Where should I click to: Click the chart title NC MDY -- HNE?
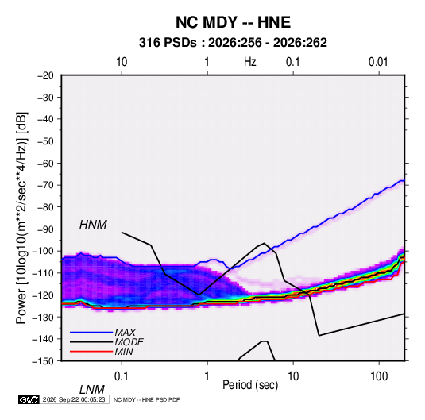(233, 22)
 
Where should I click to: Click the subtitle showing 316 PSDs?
(233, 43)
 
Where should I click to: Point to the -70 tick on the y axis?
(46, 185)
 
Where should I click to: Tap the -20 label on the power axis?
(46, 75)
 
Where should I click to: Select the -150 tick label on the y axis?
(44, 361)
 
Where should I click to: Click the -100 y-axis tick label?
(44, 251)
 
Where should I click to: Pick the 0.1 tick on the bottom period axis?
(122, 376)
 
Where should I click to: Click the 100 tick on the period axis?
(379, 376)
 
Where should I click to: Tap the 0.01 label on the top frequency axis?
(378, 62)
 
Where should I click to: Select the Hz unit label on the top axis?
(250, 62)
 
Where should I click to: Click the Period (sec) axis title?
(250, 385)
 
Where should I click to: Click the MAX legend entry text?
(125, 333)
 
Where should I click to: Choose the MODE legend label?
(129, 342)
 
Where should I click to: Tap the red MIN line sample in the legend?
(91, 352)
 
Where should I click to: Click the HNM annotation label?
(93, 225)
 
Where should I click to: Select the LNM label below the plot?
(91, 390)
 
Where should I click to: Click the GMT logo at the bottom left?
(29, 399)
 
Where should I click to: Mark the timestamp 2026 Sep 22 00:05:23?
(74, 399)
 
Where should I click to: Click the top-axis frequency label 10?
(122, 62)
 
